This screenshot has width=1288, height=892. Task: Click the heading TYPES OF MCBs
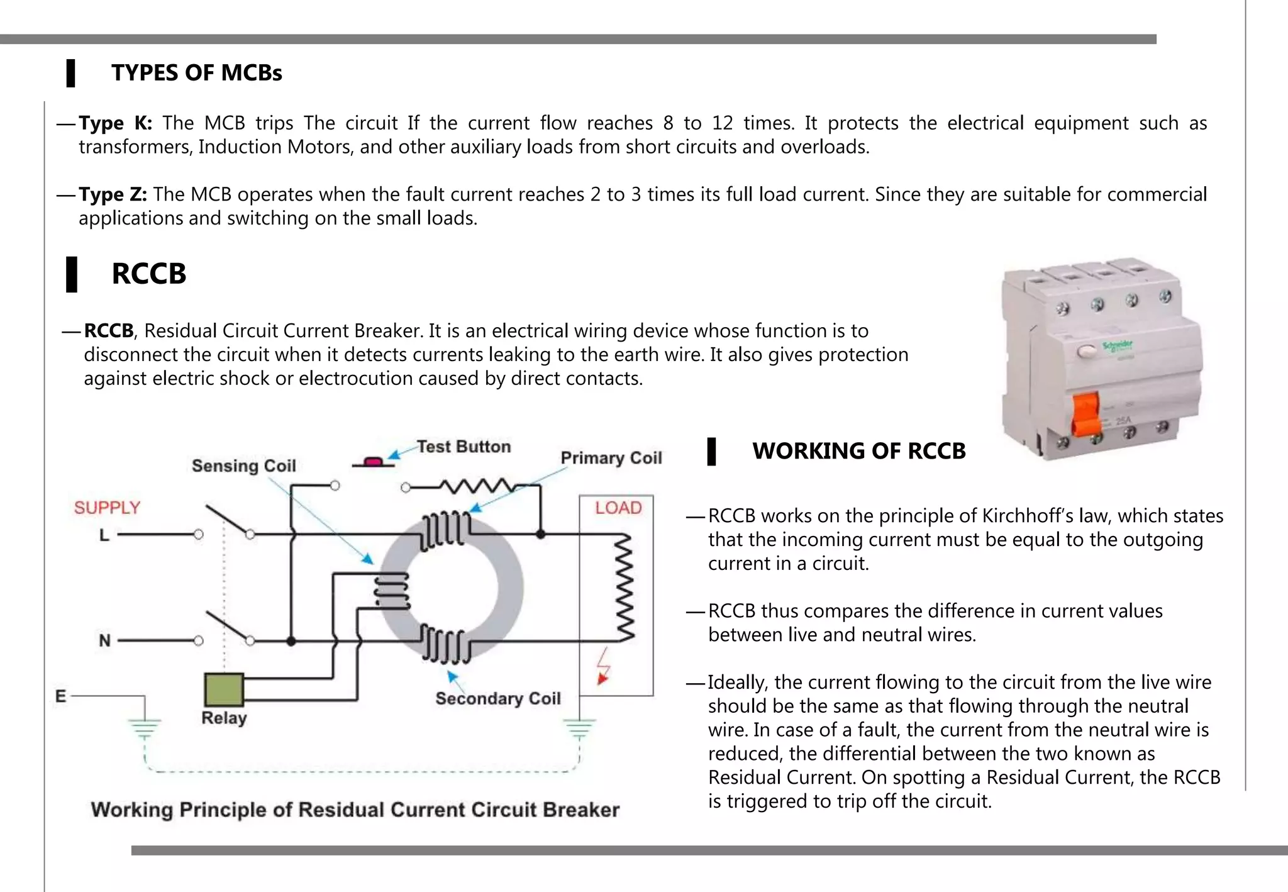[x=196, y=73]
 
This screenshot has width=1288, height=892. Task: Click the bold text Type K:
[x=115, y=123]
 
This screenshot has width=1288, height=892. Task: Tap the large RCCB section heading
[x=148, y=274]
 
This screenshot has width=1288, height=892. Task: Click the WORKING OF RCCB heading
[x=858, y=451]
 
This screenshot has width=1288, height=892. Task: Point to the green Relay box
[x=224, y=690]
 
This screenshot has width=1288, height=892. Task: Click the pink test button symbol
[x=373, y=462]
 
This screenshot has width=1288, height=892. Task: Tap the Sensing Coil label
[x=243, y=466]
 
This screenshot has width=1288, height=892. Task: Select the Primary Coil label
[x=611, y=458]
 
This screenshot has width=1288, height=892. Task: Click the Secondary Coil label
[x=497, y=698]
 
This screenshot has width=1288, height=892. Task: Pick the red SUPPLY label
[x=107, y=508]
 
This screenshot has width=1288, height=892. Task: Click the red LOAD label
[x=618, y=508]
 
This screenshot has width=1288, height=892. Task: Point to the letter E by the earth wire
[x=60, y=696]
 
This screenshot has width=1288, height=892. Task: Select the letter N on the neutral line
[x=104, y=641]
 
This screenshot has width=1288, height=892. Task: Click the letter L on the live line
[x=104, y=535]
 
